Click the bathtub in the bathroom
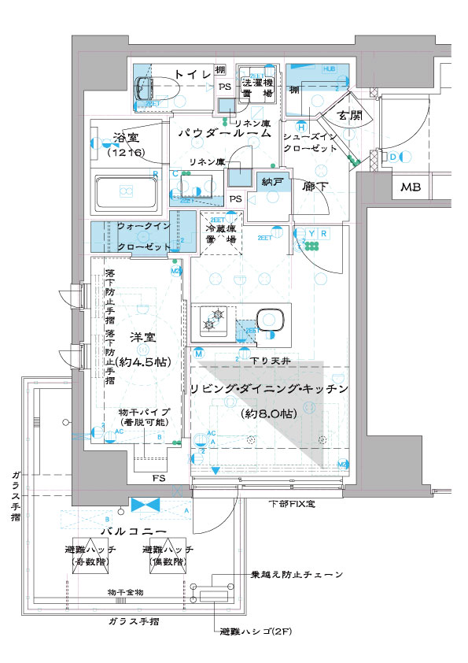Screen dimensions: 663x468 [126, 191]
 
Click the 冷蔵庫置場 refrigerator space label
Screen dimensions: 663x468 [221, 231]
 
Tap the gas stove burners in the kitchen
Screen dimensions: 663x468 [213, 319]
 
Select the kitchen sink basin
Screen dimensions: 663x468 [270, 320]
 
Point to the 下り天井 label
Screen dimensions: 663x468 [275, 360]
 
